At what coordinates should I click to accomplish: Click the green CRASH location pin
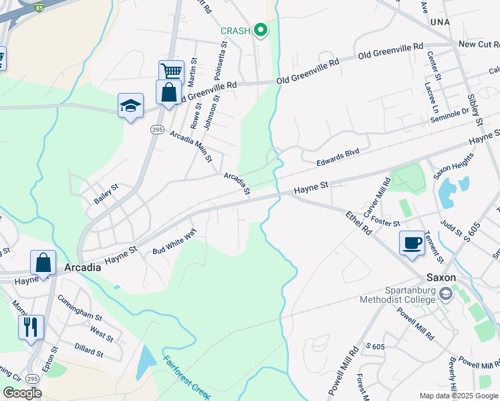[x=261, y=30]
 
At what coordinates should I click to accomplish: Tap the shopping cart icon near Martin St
[x=171, y=71]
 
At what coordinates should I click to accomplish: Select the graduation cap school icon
[x=130, y=106]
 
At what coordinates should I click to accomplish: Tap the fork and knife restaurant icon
[x=31, y=327]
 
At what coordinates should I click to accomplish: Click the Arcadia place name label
[x=82, y=267]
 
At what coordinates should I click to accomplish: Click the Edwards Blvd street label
[x=338, y=156]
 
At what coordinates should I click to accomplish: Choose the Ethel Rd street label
[x=358, y=222]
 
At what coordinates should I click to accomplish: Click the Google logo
[x=22, y=393]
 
